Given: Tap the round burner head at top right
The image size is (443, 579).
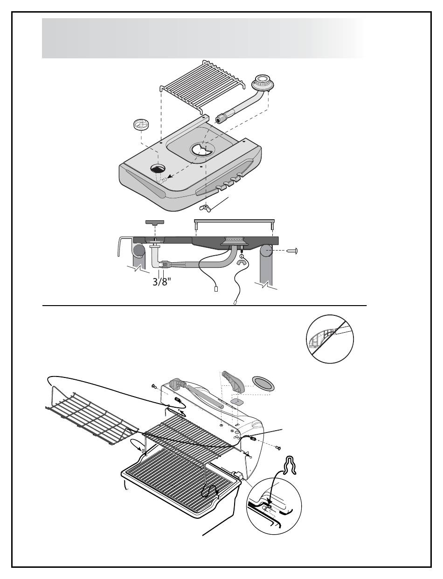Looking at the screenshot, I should [x=262, y=84].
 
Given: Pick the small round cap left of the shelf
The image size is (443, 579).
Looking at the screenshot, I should [x=140, y=125].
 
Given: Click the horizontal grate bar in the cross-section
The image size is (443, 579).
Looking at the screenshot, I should [x=234, y=220].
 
